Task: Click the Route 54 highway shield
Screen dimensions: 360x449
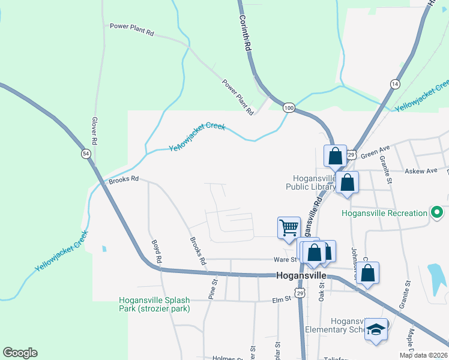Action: pos(86,154)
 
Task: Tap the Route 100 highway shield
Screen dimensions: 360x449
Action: pos(289,107)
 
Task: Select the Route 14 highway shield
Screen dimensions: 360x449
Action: pos(394,83)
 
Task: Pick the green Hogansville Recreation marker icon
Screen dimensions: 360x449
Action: pos(437,212)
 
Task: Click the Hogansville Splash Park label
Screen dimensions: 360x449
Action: pos(155,304)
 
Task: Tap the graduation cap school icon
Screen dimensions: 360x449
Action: pos(376,329)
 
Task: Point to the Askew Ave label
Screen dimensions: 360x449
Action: pos(424,171)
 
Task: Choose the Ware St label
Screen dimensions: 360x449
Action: pos(286,260)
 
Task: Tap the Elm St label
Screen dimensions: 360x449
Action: pos(281,299)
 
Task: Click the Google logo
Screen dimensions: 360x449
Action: pos(20,353)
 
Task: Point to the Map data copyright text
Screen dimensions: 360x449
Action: pos(423,355)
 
